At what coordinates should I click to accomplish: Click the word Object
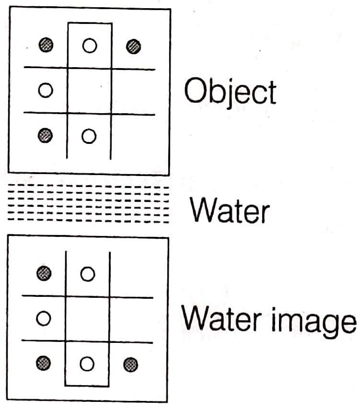(230, 93)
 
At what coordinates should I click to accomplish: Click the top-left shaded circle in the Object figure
(46, 46)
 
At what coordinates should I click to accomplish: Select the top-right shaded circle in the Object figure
(134, 47)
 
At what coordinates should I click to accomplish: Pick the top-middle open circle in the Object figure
(89, 46)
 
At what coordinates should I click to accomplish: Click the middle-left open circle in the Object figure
(45, 90)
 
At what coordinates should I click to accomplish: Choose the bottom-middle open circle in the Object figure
(89, 136)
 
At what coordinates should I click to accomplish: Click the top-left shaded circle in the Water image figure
(44, 273)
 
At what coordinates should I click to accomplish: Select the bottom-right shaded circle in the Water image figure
(130, 365)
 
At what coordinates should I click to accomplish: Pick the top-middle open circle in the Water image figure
(87, 274)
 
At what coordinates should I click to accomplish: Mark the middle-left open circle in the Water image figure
(44, 318)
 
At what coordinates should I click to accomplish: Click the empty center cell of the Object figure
(89, 91)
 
